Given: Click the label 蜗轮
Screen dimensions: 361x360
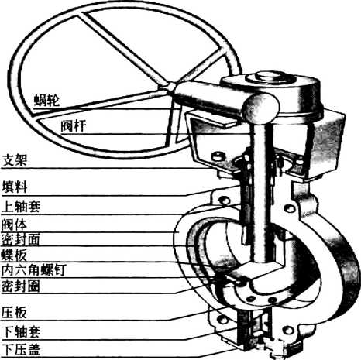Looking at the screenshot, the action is pos(46,100).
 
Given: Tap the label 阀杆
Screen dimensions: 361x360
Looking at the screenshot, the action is pos(74,126).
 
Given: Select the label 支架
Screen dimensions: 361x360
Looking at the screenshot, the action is pos(15,160).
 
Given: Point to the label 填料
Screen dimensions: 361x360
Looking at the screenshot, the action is pos(15,187).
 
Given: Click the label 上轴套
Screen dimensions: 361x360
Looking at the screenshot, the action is pos(21,206).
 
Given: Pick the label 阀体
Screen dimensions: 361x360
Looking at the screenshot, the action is pos(15,225).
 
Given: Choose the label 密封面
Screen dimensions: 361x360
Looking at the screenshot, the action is pos(21,240).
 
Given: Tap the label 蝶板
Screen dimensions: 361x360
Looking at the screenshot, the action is pos(14,255).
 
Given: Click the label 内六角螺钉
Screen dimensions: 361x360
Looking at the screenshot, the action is pos(34,270).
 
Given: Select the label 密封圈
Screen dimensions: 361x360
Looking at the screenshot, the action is pos(21,286).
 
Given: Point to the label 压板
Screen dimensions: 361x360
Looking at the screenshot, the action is pos(14,313).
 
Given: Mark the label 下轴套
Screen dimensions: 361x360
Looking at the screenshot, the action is pos(21,332).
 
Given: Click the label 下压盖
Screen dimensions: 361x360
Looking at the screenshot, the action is pos(21,350).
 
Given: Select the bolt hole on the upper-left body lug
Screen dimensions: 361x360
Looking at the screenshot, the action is pos(224,201).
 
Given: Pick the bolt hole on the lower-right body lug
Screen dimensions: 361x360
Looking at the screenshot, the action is pos(288,331).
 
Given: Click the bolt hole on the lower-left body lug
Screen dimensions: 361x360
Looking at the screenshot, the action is pos(222,320).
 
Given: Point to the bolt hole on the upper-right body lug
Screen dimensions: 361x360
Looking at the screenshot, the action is pos(290,208).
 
